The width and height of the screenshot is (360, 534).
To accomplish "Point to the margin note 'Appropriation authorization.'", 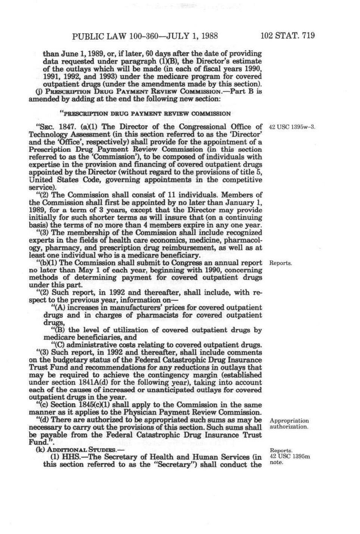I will [289, 424].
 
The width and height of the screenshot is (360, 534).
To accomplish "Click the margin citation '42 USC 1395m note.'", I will [290, 459].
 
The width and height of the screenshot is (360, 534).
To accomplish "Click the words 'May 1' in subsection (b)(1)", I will [88, 270].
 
